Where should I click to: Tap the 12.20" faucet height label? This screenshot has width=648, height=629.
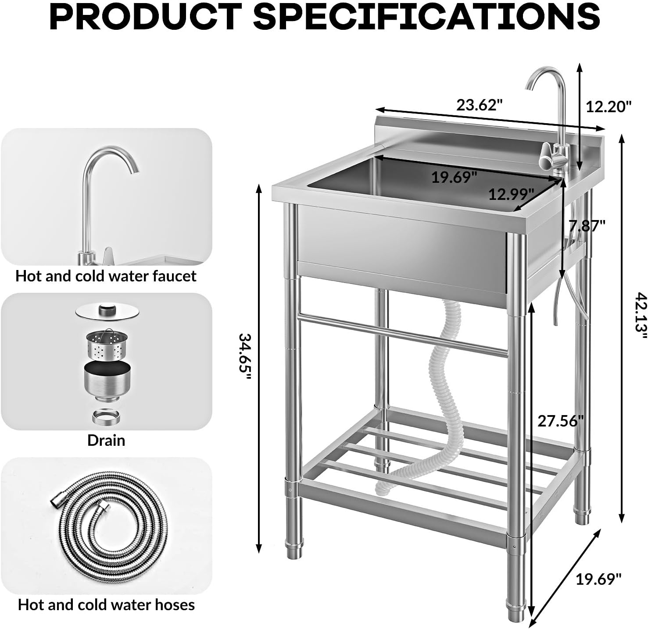point(609,107)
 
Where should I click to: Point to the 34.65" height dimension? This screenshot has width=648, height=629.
point(244,353)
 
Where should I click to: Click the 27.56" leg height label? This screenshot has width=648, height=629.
point(561,421)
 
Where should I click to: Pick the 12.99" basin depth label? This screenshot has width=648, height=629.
point(511,194)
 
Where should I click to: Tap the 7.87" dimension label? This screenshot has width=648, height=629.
point(587,226)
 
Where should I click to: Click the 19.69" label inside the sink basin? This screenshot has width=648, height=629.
point(454,178)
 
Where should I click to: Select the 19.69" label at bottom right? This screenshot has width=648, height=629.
point(598,579)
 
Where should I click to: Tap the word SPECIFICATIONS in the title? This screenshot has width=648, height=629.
point(426,17)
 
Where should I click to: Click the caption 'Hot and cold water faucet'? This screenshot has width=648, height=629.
point(106,276)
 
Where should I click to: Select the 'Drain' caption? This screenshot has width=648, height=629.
point(106,440)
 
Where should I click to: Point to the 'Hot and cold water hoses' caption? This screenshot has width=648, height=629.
point(106,604)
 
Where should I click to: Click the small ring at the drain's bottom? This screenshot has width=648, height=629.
point(106,416)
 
